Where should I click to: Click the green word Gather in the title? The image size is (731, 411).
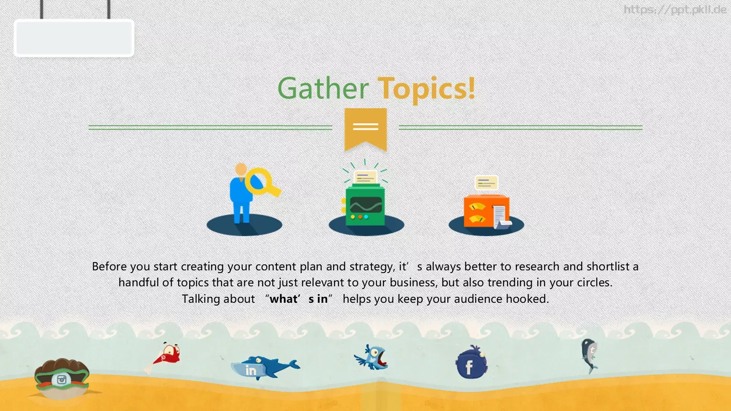323,89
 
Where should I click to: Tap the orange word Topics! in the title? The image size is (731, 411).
428,90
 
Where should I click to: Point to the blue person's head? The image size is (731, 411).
241,169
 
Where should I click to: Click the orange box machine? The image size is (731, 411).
487,211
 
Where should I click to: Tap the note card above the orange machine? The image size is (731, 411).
486,183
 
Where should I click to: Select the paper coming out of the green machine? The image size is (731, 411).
365,178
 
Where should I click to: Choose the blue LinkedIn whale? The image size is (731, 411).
265,368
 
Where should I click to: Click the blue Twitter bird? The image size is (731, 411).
372,357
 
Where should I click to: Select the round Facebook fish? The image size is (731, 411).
471,363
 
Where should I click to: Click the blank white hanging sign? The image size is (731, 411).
74,38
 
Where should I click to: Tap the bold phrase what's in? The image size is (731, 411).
299,299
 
